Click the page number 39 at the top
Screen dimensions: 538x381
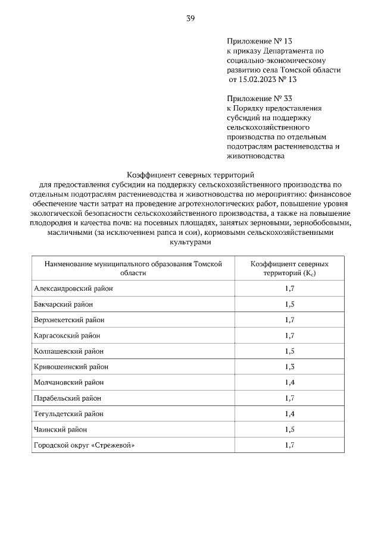click(190, 18)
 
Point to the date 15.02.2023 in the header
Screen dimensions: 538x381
click(260, 79)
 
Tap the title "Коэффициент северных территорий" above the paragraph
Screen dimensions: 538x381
click(190, 175)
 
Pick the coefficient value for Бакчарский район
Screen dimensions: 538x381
click(289, 304)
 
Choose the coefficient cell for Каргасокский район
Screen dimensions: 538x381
click(289, 335)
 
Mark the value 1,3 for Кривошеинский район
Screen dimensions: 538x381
click(289, 367)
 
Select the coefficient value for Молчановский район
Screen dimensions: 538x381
click(289, 382)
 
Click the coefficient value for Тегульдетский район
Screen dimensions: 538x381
click(289, 413)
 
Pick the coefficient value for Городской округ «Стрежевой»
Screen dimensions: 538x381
click(289, 445)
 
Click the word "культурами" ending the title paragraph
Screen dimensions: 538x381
click(190, 243)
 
